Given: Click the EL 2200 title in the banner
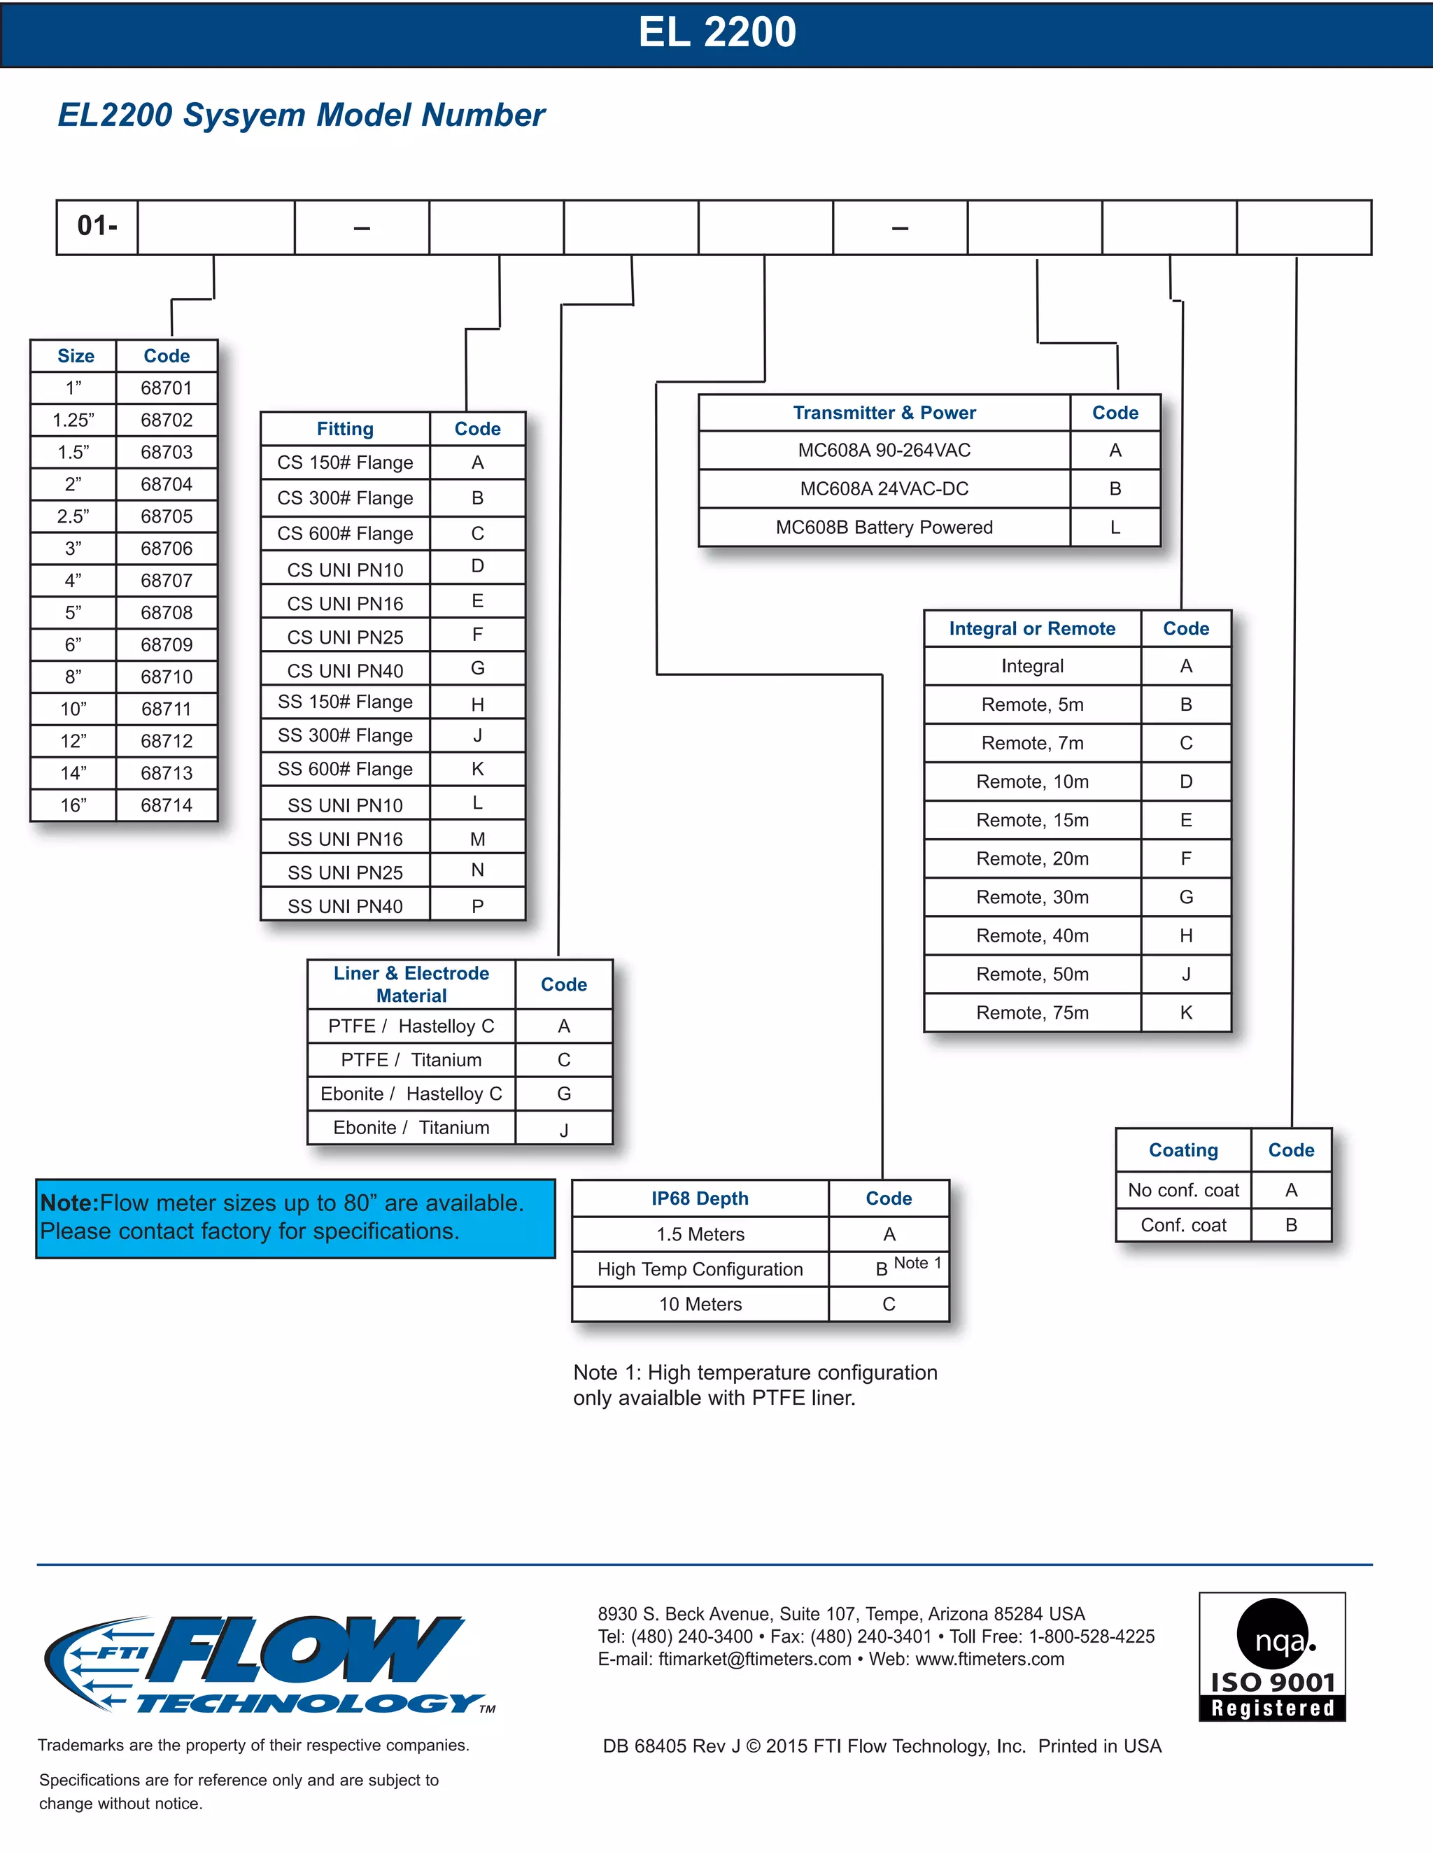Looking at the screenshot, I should point(716,33).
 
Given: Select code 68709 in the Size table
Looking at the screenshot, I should point(167,645).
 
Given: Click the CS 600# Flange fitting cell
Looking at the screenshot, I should point(345,534).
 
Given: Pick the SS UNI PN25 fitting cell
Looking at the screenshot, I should point(345,872).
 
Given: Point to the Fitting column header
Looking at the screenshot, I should point(345,429).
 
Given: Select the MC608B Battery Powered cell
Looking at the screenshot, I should point(884,528).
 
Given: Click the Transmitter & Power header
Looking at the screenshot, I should point(884,413).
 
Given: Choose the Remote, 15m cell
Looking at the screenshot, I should point(1032,820).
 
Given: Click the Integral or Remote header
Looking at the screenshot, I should point(1032,629).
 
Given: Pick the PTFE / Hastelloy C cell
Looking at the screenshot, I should point(411,1026).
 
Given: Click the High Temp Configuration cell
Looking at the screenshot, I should point(700,1269).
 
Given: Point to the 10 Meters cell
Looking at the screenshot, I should point(700,1304).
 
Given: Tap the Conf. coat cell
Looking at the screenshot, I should point(1183,1225).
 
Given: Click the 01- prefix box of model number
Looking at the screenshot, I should point(97,227).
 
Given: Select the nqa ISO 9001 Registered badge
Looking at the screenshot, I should point(1271,1656).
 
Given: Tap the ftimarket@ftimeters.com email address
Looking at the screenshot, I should point(755,1659).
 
